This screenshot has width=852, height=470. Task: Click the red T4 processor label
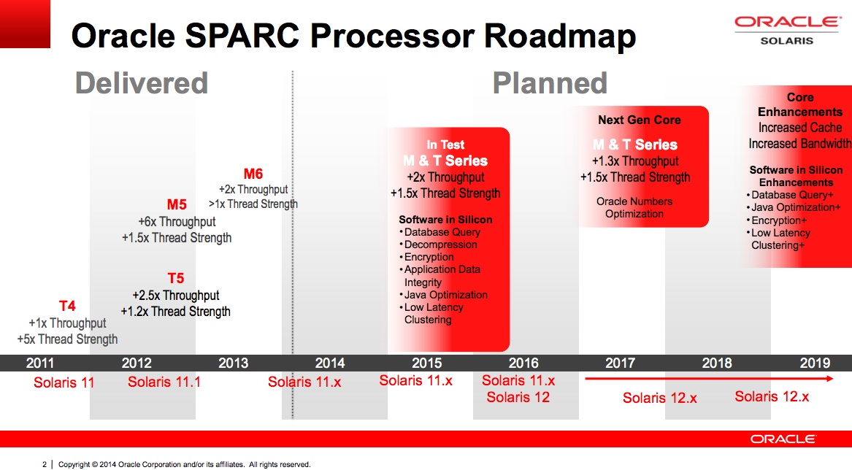click(x=67, y=306)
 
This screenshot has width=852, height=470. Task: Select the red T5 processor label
click(x=176, y=279)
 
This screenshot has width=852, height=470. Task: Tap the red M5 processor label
click(x=177, y=205)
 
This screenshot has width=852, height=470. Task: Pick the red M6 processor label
click(x=253, y=174)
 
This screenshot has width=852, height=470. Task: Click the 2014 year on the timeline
click(x=330, y=363)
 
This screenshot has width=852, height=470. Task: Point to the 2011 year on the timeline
click(x=40, y=363)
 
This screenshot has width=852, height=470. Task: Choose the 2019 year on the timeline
click(x=815, y=363)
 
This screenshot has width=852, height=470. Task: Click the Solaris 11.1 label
click(x=164, y=382)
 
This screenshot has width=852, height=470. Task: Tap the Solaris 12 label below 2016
click(x=518, y=397)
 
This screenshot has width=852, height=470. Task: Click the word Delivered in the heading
click(x=142, y=83)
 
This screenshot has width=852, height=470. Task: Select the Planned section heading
click(x=550, y=83)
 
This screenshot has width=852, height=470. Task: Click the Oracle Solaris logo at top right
click(x=786, y=29)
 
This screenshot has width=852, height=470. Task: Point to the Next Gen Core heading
click(x=640, y=120)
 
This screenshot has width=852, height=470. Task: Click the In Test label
click(x=445, y=145)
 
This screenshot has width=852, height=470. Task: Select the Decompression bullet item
click(x=440, y=244)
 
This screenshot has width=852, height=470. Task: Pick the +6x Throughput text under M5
click(x=177, y=221)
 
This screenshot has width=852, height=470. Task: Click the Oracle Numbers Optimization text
click(x=634, y=207)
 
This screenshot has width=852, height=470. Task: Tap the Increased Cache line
click(x=800, y=128)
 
